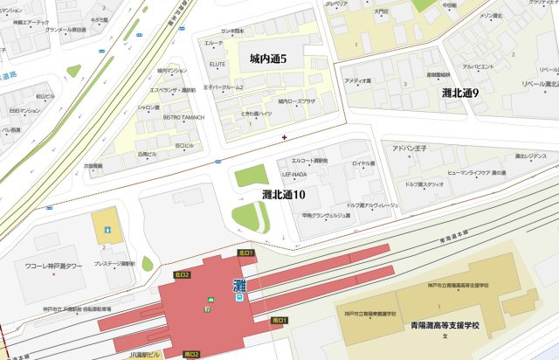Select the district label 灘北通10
[283, 194]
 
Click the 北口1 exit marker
[245, 253]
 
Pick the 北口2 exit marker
[182, 275]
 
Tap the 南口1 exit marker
[279, 321]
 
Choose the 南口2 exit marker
[191, 354]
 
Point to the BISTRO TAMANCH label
[182, 116]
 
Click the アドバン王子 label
[408, 149]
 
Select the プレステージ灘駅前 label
[114, 263]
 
